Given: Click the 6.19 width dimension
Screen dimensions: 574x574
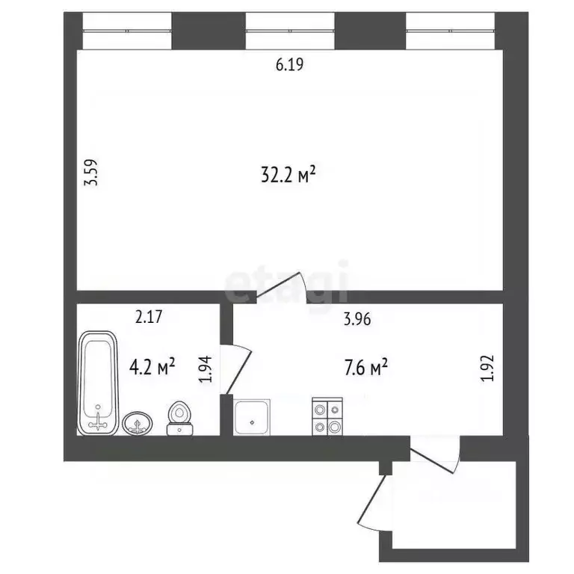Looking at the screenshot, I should click(x=291, y=65).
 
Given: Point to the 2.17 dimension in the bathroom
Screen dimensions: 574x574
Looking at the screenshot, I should click(x=149, y=317).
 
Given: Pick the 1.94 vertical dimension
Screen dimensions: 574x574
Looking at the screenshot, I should click(x=209, y=369).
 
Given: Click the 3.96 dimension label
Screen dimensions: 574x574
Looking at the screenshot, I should click(x=357, y=319).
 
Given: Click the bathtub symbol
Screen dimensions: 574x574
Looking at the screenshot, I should click(x=99, y=382).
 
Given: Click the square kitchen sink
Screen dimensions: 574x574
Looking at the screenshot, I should click(x=254, y=417).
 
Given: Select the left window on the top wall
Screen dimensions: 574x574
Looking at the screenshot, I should click(x=128, y=30).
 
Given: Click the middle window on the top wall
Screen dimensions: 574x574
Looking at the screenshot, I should click(x=290, y=30).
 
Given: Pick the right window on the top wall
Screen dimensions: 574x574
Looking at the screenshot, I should click(x=451, y=30).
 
